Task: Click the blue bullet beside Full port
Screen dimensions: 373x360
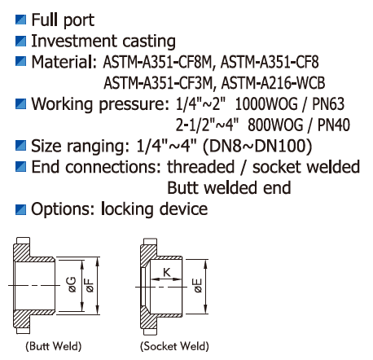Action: point(20,20)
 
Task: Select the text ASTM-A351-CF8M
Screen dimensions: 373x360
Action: point(157,62)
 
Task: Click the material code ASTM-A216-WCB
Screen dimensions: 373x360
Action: point(273,83)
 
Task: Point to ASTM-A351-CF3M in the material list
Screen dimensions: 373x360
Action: point(158,83)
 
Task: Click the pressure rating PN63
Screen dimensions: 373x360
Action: point(328,104)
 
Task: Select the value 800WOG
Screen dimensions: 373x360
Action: point(275,125)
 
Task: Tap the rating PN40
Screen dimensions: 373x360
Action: point(334,125)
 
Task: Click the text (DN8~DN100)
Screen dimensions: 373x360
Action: point(257,146)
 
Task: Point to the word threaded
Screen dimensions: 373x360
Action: point(200,167)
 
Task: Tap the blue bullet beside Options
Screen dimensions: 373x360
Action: point(20,209)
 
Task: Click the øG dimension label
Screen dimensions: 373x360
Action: point(72,284)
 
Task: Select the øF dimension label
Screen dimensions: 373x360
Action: point(90,285)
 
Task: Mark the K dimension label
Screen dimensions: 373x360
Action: point(167,272)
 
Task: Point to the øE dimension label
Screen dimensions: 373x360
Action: point(198,286)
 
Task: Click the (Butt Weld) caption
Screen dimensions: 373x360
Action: point(54,346)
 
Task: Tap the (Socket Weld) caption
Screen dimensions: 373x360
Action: point(174,346)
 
